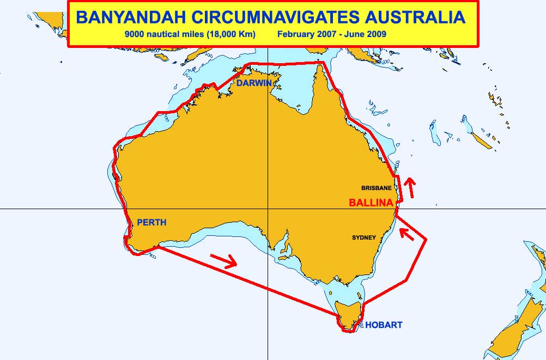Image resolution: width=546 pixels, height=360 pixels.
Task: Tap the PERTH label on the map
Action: point(151,222)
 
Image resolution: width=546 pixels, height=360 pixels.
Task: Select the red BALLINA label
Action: point(371,203)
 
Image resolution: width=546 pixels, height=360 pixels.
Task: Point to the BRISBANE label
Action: point(376,188)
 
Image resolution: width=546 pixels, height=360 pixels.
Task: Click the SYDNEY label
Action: point(363,237)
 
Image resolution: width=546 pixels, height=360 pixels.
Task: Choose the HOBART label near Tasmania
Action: point(384,325)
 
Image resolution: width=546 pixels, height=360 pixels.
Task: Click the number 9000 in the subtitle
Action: point(134,34)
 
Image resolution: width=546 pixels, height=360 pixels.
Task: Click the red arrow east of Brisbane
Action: point(408,187)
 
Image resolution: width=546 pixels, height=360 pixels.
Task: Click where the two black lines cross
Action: point(268,209)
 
